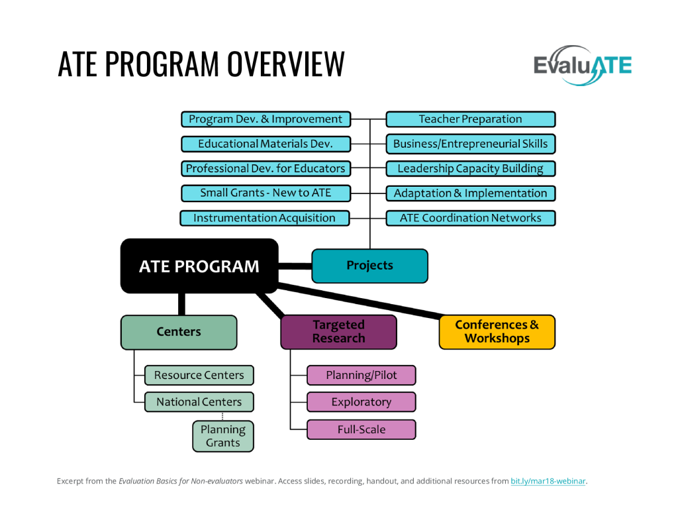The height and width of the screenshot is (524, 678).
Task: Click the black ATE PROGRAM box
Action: [x=199, y=266]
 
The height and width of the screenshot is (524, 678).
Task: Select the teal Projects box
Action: [x=369, y=266]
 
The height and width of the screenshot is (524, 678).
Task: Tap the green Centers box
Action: [x=178, y=332]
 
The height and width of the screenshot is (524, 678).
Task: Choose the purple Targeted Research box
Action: [x=338, y=332]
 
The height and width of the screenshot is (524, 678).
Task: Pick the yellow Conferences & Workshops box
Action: [x=497, y=332]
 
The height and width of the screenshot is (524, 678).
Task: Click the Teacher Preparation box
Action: [x=470, y=119]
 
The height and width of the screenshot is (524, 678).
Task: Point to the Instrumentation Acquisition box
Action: [x=264, y=218]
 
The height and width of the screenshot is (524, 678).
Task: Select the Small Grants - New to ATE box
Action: [x=265, y=193]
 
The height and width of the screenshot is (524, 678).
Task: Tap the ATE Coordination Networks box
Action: [x=470, y=218]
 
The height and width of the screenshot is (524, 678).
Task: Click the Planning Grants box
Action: [x=222, y=436]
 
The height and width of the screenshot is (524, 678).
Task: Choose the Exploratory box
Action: [x=361, y=402]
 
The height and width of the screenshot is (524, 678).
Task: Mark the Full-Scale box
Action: [x=361, y=429]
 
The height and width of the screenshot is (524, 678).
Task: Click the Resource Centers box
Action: [x=199, y=376]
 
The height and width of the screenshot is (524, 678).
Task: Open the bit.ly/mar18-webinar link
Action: [x=548, y=481]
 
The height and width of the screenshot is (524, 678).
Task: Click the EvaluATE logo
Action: [x=582, y=65]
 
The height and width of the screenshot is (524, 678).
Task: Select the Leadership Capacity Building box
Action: [x=470, y=169]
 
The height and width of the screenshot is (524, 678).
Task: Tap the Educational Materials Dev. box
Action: [x=265, y=144]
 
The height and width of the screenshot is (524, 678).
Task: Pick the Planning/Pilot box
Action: [x=361, y=376]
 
